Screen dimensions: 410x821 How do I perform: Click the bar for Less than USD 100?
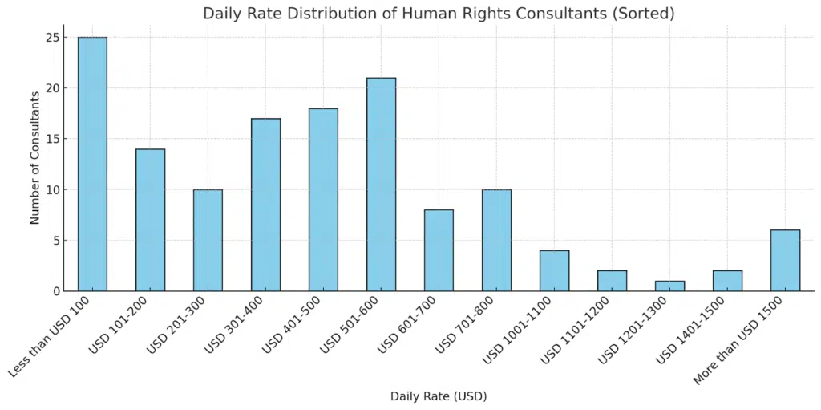pos(92,164)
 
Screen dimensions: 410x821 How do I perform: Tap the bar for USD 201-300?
pos(208,240)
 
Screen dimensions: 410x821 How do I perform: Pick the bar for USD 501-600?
pos(381,185)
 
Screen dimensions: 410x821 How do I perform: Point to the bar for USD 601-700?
pos(439,250)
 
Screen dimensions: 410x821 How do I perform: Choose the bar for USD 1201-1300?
pos(669,286)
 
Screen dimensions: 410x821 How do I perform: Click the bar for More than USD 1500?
pos(785,260)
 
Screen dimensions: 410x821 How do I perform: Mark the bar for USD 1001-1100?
pos(554,270)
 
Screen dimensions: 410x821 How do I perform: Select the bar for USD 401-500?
pos(323,200)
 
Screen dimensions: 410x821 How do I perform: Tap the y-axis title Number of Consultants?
pos(35,157)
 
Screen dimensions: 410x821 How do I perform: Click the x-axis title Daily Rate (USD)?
pos(439,396)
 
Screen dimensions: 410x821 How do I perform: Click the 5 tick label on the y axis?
pos(57,241)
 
